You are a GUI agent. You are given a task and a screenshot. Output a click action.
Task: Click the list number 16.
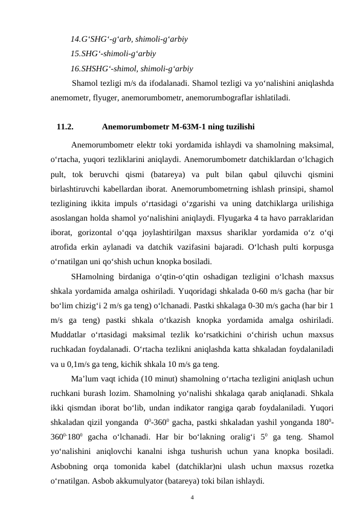pos(76,68)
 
